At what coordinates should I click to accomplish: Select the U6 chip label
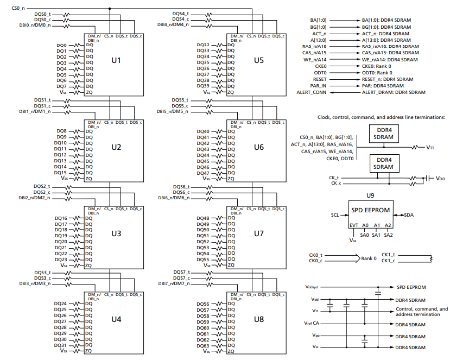[x=258, y=147]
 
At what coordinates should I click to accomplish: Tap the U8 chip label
[x=258, y=319]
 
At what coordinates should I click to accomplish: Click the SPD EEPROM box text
[x=371, y=209]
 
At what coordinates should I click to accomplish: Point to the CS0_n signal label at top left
[x=18, y=8]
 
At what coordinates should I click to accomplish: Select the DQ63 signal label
[x=202, y=346]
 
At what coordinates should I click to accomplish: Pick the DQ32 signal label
[x=202, y=45]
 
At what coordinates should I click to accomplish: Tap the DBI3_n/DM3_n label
[x=34, y=283]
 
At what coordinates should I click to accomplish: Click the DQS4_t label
[x=180, y=13]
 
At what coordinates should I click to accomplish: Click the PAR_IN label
[x=319, y=86]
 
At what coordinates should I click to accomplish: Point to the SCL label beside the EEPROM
[x=335, y=215]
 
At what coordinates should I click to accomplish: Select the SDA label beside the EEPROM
[x=408, y=215]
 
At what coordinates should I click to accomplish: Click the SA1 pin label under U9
[x=376, y=235]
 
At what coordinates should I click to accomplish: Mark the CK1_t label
[x=388, y=254]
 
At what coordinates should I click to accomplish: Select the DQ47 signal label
[x=202, y=173]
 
